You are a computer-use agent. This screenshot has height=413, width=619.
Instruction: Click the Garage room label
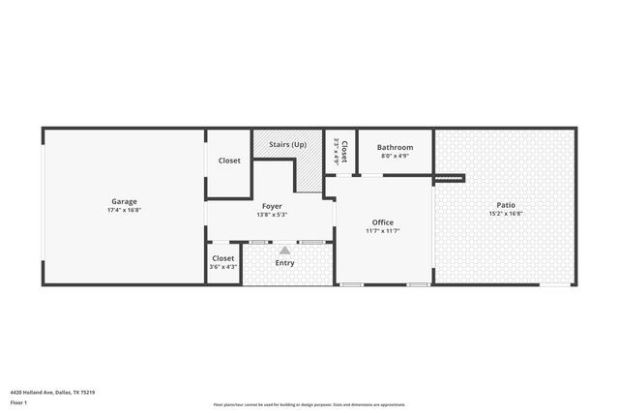(123, 201)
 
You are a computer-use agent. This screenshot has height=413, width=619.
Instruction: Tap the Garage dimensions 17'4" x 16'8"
(123, 210)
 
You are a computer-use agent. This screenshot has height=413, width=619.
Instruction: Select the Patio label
(505, 204)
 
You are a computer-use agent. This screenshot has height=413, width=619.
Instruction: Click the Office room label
(382, 221)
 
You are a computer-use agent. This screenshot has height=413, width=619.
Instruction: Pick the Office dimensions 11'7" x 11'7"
(382, 230)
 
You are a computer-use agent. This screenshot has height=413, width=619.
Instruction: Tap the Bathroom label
(395, 147)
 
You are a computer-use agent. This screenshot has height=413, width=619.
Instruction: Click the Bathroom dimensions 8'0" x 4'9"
(395, 156)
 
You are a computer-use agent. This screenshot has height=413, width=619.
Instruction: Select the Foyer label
(271, 206)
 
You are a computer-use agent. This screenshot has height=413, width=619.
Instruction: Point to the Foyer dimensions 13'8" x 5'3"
(271, 215)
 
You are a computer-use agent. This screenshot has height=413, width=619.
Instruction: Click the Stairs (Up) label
(287, 144)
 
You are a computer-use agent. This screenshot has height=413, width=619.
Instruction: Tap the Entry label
(284, 263)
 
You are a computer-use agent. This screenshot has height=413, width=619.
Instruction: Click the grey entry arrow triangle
(284, 251)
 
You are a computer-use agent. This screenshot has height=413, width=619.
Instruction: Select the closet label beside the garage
(229, 161)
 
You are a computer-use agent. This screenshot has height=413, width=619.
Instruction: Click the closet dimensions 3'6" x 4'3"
(223, 267)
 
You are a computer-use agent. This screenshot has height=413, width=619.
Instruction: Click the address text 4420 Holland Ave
(52, 392)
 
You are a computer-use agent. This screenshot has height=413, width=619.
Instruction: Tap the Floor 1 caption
(17, 401)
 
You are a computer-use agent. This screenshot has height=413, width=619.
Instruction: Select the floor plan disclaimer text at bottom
(309, 404)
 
